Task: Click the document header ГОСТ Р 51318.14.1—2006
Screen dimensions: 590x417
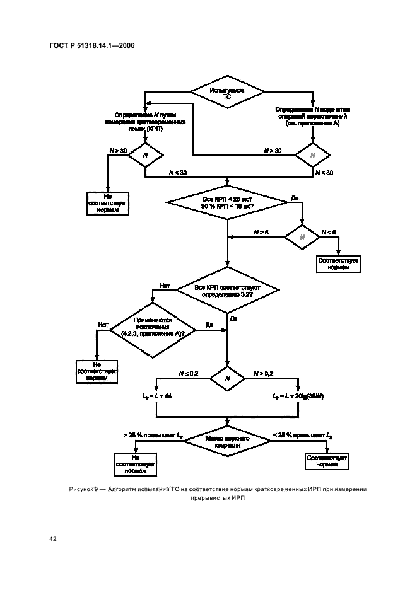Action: click(x=91, y=45)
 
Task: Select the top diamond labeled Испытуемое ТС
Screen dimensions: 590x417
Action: click(x=227, y=94)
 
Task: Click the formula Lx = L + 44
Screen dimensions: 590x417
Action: click(x=156, y=395)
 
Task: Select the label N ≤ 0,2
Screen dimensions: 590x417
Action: click(x=189, y=373)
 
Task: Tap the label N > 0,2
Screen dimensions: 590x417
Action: click(x=262, y=373)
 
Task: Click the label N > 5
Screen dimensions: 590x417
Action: click(x=261, y=232)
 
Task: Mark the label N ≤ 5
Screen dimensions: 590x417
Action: click(x=329, y=232)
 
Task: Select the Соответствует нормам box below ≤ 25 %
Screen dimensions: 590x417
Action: click(x=327, y=461)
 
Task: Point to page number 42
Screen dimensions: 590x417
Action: click(x=52, y=539)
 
